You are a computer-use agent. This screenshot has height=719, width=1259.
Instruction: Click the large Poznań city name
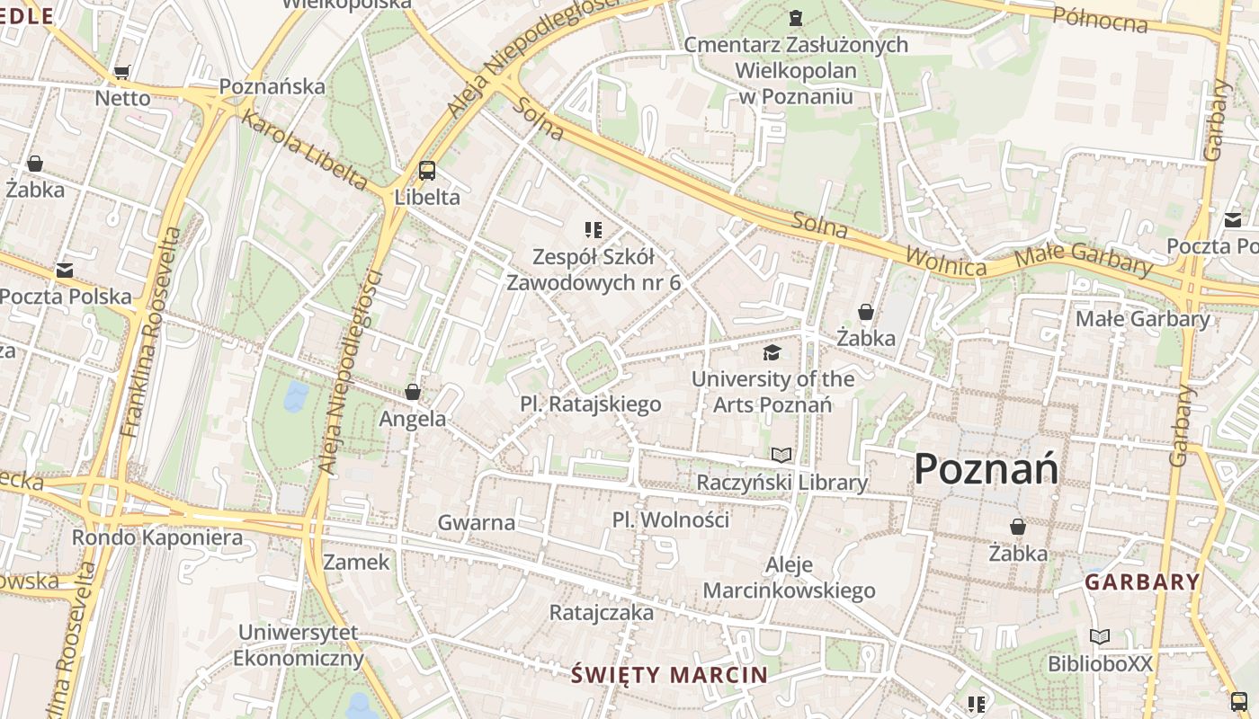click(x=986, y=469)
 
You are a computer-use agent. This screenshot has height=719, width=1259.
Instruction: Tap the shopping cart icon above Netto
click(x=122, y=72)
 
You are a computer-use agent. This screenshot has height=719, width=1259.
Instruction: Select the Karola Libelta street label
click(x=304, y=150)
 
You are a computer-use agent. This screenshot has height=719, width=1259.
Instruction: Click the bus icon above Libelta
click(x=427, y=170)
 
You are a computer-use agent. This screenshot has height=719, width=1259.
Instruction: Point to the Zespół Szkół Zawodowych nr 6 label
click(x=594, y=269)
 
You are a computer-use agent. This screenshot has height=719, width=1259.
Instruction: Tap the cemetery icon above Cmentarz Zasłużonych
click(x=795, y=17)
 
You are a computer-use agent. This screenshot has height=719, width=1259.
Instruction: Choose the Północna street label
click(x=1100, y=18)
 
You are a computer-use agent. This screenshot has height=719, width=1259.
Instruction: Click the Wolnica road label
click(x=945, y=262)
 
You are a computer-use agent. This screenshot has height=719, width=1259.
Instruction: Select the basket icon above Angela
click(x=413, y=392)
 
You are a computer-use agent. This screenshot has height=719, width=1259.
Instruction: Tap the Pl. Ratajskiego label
click(x=591, y=404)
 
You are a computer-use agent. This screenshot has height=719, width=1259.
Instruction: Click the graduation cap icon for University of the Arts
click(x=772, y=352)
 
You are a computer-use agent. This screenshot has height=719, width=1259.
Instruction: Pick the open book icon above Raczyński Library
click(x=781, y=456)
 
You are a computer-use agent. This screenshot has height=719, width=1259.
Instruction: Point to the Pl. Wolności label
click(x=671, y=519)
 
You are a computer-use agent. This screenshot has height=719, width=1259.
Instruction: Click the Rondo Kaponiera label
click(x=157, y=537)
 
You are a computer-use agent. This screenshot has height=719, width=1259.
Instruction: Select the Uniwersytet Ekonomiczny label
click(x=299, y=645)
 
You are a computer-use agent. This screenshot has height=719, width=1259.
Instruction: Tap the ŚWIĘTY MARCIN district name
click(x=670, y=674)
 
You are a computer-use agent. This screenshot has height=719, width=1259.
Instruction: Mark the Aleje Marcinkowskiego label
click(x=789, y=577)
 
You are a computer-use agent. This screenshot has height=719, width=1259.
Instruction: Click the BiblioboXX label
click(x=1100, y=663)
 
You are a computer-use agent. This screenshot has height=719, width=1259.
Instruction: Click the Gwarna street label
click(x=477, y=522)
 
